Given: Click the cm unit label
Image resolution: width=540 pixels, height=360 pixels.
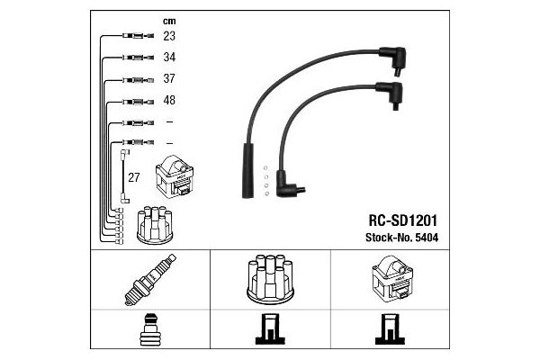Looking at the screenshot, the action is tap(169, 22).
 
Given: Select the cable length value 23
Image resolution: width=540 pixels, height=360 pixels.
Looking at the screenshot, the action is tap(169, 36).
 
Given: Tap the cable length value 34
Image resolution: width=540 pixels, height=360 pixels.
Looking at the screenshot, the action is tap(169, 58).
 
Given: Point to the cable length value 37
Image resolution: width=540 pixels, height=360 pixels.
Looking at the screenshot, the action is tap(169, 78).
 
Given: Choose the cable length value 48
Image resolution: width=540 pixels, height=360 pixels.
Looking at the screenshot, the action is tap(169, 100).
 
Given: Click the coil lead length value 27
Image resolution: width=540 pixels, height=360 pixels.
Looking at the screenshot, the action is tap(133, 177).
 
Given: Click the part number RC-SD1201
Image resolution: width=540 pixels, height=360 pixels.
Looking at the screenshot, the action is tap(402, 220).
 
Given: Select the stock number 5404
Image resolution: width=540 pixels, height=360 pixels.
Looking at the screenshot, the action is tap(427, 238).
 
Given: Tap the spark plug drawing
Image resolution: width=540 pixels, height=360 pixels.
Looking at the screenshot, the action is tap(150, 280).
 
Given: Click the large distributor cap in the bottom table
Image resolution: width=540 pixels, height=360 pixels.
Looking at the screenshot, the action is tap(270, 279).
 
